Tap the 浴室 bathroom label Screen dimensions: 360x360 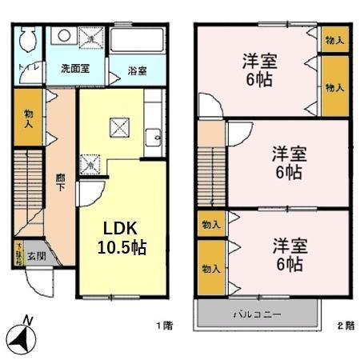pos(137,70)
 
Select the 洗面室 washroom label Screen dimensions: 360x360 pos(76,69)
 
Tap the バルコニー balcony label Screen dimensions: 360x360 pos(258,314)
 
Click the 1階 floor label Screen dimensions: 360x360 pos(163,326)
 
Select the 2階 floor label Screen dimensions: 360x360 pos(345,326)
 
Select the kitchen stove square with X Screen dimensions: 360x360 pos(120,126)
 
